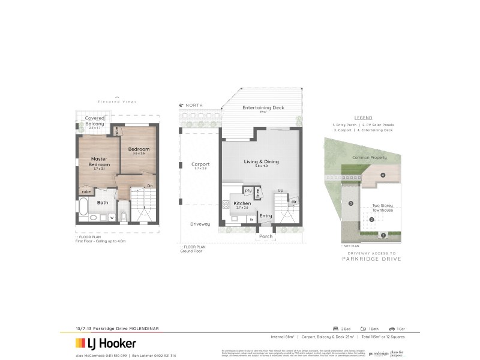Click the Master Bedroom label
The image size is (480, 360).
[100, 161]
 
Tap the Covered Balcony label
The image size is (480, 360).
[94, 121]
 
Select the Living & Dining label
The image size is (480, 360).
[261, 162]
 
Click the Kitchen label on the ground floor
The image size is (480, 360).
[242, 204]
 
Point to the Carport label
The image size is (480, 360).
[200, 164]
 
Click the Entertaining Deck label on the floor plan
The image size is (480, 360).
[263, 107]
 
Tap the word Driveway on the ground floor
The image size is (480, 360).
[200, 224]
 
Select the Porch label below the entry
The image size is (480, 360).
[265, 236]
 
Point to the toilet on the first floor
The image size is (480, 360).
[123, 215]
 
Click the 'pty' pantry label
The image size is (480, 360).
[248, 190]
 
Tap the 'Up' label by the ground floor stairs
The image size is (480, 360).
[280, 190]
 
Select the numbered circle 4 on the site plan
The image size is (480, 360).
[382, 175]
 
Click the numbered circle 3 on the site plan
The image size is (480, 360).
[350, 204]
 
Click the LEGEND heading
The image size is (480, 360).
[363, 118]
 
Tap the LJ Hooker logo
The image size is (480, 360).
[106, 343]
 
